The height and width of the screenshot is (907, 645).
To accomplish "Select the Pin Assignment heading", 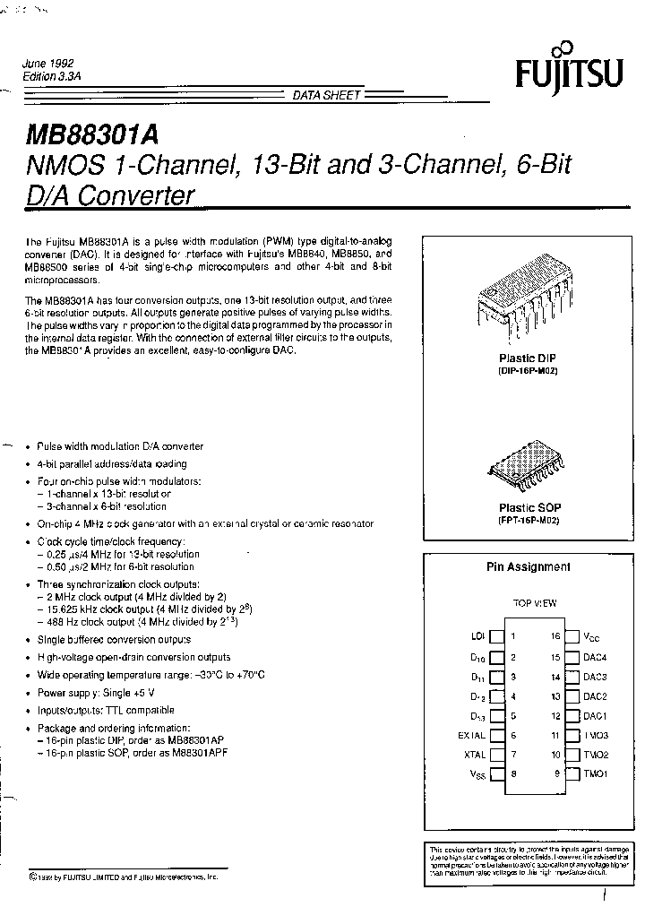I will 528,566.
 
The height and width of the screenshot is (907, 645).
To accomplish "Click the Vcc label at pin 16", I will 592,636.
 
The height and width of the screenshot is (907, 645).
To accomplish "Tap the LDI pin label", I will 477,636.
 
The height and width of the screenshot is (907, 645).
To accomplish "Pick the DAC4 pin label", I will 595,657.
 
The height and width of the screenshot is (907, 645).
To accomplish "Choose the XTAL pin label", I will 475,755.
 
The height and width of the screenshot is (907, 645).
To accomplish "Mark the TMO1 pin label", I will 595,773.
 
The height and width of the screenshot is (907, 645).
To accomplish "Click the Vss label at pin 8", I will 477,774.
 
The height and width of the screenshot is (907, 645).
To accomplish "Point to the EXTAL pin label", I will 471,735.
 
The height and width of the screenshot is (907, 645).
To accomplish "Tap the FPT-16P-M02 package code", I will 528,521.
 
